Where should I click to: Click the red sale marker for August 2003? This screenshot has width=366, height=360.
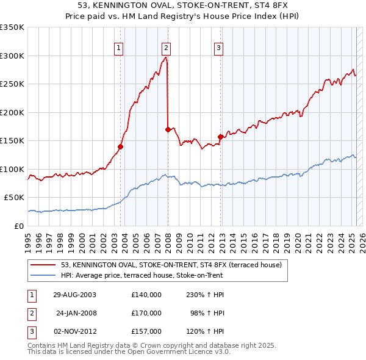point(121,146)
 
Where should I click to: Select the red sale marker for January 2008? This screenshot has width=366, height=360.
point(168,129)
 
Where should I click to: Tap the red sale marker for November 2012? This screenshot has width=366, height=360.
point(220,137)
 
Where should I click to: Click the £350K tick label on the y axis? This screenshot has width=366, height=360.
point(12,27)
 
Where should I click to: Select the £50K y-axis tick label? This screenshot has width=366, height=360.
point(14,198)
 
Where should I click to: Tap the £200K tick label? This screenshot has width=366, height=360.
point(12,112)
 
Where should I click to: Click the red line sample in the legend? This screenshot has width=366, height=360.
point(43,265)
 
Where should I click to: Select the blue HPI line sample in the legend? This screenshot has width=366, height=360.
point(43,275)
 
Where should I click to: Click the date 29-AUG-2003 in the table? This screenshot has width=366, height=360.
point(75,294)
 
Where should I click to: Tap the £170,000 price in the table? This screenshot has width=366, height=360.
point(146,312)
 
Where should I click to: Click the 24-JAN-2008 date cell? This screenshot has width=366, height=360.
point(76,312)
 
